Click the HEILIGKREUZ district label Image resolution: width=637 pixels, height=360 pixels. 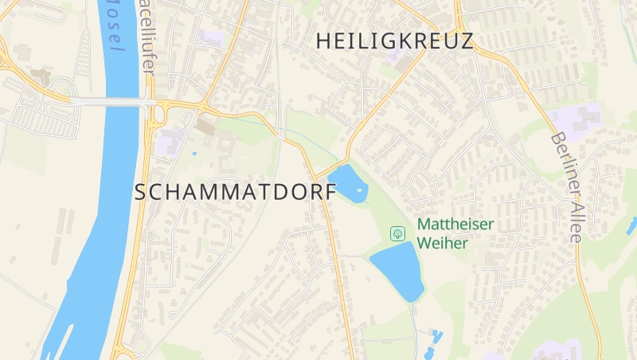(x=395, y=41)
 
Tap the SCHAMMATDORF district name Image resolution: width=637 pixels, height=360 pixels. (x=236, y=192)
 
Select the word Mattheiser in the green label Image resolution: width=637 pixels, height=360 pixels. (x=455, y=225)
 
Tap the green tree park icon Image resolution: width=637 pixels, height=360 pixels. (x=397, y=233)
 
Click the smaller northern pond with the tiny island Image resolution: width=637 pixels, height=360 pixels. (x=345, y=182)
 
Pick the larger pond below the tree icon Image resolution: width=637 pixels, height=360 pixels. (x=399, y=270)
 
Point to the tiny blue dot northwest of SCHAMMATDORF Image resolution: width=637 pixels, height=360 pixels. (x=194, y=153)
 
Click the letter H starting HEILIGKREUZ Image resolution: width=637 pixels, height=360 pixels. (x=324, y=41)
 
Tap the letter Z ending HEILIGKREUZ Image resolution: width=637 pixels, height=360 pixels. (x=467, y=41)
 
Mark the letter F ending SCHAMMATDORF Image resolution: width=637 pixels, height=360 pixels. (x=330, y=192)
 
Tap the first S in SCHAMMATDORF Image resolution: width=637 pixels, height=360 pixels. (x=142, y=192)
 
